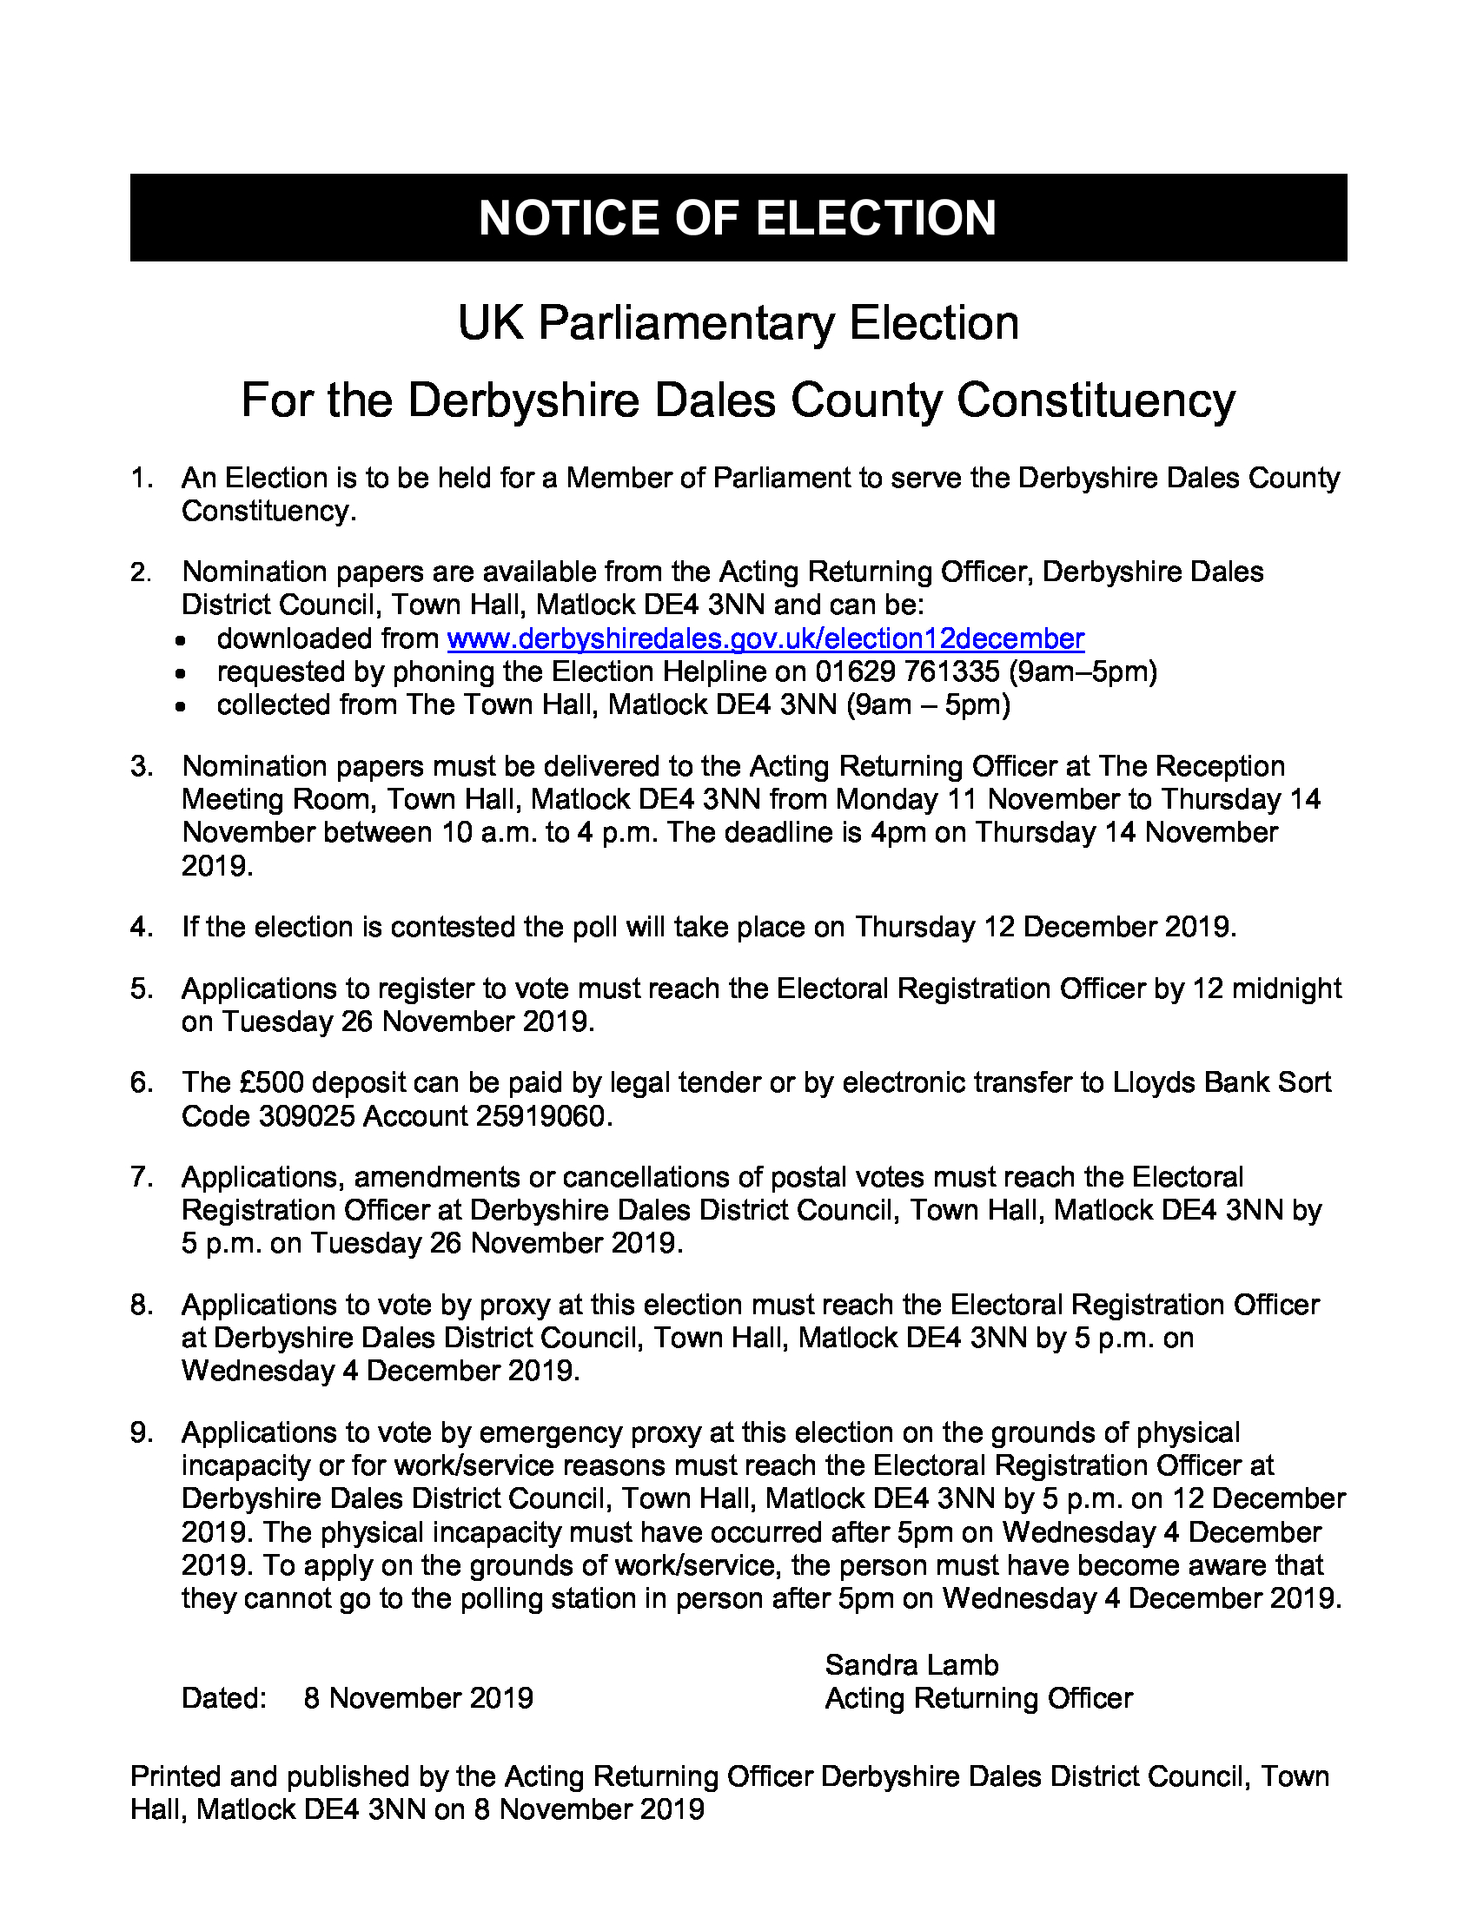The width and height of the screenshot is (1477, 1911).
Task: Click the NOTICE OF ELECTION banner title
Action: pos(738,218)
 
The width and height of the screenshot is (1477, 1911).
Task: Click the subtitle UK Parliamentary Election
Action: pos(738,323)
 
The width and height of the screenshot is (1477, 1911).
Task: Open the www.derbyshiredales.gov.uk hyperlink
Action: pos(765,638)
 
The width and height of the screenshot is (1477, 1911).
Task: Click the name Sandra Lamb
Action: pos(911,1664)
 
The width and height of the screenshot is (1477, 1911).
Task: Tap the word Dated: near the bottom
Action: pos(224,1698)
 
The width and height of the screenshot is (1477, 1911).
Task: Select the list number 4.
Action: pos(140,927)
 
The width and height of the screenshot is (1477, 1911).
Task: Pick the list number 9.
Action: pos(140,1432)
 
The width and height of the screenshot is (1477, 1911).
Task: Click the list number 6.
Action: pos(140,1082)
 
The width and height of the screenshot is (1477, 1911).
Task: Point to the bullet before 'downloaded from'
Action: pos(180,640)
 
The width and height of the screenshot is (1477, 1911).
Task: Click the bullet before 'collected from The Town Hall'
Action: pos(180,707)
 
